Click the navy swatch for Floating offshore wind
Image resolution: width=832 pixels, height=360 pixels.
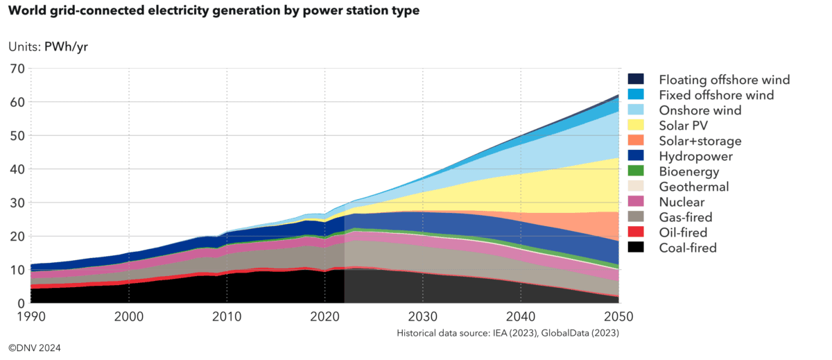pyautogui.click(x=636, y=80)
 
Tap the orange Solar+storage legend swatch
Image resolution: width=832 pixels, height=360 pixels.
pyautogui.click(x=636, y=141)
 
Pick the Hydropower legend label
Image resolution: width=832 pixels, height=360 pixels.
pyautogui.click(x=695, y=156)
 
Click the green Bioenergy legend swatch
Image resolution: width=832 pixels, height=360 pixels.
pyautogui.click(x=636, y=171)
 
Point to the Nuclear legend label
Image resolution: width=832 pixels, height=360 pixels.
pyautogui.click(x=682, y=202)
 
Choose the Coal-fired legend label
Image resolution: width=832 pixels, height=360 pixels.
pyautogui.click(x=688, y=248)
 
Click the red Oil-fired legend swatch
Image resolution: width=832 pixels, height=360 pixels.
pyautogui.click(x=636, y=232)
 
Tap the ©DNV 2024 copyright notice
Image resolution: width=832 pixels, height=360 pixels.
pyautogui.click(x=35, y=347)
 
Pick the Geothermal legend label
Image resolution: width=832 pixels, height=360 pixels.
pyautogui.click(x=694, y=187)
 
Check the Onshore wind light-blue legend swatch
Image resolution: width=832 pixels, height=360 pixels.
pyautogui.click(x=636, y=110)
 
